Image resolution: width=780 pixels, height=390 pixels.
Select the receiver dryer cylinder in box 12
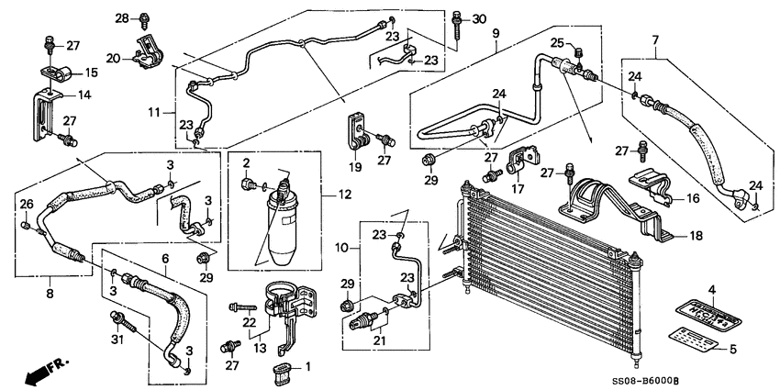pyautogui.click(x=280, y=216)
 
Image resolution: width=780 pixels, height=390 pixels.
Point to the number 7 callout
pyautogui.click(x=655, y=39)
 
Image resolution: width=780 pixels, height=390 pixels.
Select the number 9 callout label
pyautogui.click(x=496, y=34)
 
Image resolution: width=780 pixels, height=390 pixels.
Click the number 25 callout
pyautogui.click(x=556, y=43)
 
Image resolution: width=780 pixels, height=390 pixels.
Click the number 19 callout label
pyautogui.click(x=353, y=168)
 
